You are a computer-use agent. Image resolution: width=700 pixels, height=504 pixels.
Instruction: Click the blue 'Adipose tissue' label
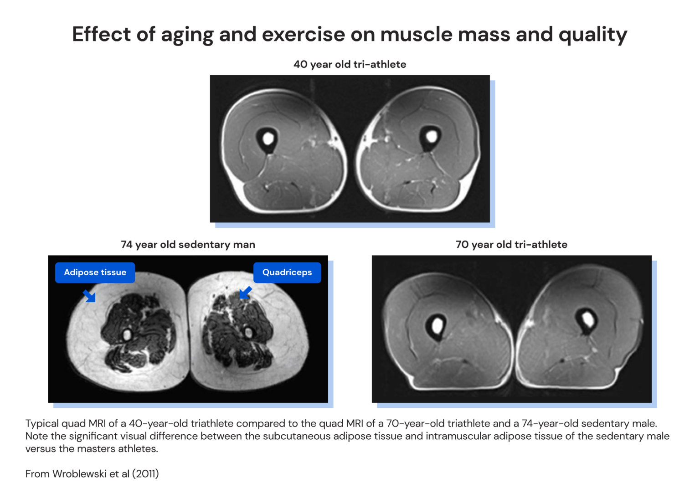[x=95, y=273]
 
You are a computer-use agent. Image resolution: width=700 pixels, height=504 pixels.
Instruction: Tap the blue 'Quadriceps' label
[x=287, y=273]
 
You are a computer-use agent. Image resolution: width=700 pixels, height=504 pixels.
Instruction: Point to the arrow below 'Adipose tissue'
[x=89, y=296]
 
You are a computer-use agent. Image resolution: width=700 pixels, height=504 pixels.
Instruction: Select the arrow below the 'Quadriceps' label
[x=245, y=293]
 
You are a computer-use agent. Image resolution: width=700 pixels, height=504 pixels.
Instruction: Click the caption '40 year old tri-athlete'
[x=350, y=64]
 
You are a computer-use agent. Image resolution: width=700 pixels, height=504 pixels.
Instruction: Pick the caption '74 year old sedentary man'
[x=188, y=245]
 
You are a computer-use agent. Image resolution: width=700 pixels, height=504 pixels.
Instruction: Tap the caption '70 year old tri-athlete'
[x=511, y=245]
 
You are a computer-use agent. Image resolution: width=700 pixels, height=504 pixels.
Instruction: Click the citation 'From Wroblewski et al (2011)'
[x=92, y=474]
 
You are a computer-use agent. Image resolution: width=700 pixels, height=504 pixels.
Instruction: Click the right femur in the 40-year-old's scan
[x=430, y=136]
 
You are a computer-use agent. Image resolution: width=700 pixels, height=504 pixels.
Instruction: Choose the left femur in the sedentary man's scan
[x=127, y=335]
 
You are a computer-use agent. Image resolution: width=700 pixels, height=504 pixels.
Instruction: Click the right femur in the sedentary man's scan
[x=248, y=333]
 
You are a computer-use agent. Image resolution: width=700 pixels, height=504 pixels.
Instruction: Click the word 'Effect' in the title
[x=101, y=35]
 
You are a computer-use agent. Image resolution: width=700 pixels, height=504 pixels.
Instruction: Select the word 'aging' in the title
[x=187, y=35]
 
